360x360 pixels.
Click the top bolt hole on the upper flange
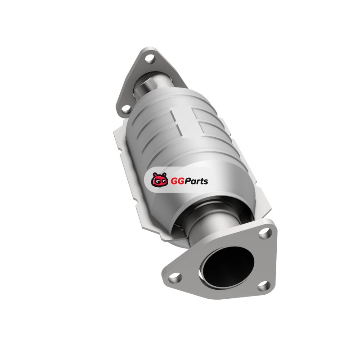pos(150,58)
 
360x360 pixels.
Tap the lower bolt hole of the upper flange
pos(126,108)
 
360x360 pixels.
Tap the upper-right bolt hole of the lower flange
pos(264,233)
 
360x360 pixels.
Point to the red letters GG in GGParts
pos(175,181)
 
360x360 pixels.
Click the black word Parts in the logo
pos(194,181)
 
